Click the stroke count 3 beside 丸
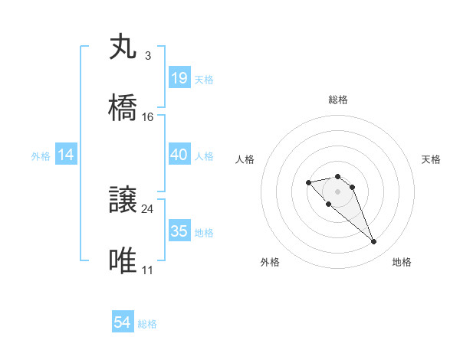click(x=147, y=56)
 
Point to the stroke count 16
click(x=148, y=117)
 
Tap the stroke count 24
click(x=148, y=208)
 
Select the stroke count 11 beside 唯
click(x=148, y=270)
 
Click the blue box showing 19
click(x=179, y=78)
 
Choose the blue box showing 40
click(x=179, y=155)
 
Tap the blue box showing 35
click(x=179, y=231)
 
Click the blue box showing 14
click(x=66, y=155)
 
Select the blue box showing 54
click(x=123, y=322)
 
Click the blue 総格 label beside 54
click(x=147, y=324)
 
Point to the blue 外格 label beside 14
click(x=41, y=156)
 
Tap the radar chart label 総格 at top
click(x=337, y=100)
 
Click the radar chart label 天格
click(x=431, y=159)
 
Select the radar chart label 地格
click(x=402, y=262)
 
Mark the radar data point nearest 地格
click(x=374, y=242)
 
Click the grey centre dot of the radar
click(x=337, y=191)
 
